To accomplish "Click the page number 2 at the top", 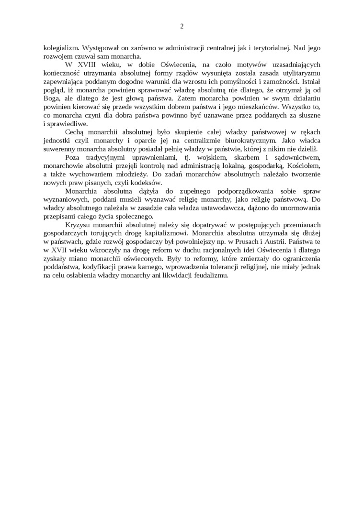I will point(182,26).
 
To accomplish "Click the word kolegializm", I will point(60,48).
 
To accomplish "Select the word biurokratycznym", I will point(250,140).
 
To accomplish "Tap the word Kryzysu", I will point(80,224).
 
